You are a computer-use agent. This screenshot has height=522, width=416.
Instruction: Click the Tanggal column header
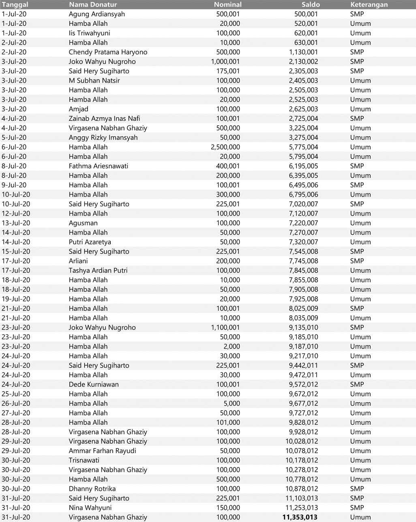tap(15, 4)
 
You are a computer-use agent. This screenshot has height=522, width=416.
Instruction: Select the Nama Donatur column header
tap(93, 4)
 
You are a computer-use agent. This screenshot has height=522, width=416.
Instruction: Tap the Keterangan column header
tap(369, 4)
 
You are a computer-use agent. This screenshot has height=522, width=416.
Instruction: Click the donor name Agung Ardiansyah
tap(97, 14)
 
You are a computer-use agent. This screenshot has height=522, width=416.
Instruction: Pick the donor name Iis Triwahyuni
tap(89, 33)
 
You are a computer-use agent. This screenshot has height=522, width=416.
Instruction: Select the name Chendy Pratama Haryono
tap(108, 52)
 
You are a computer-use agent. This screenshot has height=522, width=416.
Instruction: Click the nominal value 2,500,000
tap(225, 147)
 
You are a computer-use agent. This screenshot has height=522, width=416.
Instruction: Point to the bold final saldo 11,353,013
tap(300, 517)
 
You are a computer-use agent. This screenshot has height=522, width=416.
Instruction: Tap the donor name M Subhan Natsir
tap(94, 80)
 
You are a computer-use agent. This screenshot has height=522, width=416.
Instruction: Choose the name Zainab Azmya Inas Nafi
tap(104, 118)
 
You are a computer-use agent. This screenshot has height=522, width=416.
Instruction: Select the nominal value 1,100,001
tap(225, 327)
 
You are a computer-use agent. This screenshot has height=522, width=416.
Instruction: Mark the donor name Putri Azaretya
tap(90, 242)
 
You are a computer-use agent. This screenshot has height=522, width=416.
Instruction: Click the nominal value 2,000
tap(232, 346)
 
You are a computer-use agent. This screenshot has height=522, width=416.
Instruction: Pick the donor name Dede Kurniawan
tap(94, 384)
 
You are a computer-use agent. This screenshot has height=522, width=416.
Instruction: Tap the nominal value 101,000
tap(229, 422)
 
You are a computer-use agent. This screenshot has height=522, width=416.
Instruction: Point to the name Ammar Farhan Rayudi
tap(102, 451)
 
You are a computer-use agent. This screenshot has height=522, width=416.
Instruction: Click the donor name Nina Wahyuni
tap(90, 507)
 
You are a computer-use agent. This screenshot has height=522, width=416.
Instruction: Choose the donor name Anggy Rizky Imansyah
tap(103, 137)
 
